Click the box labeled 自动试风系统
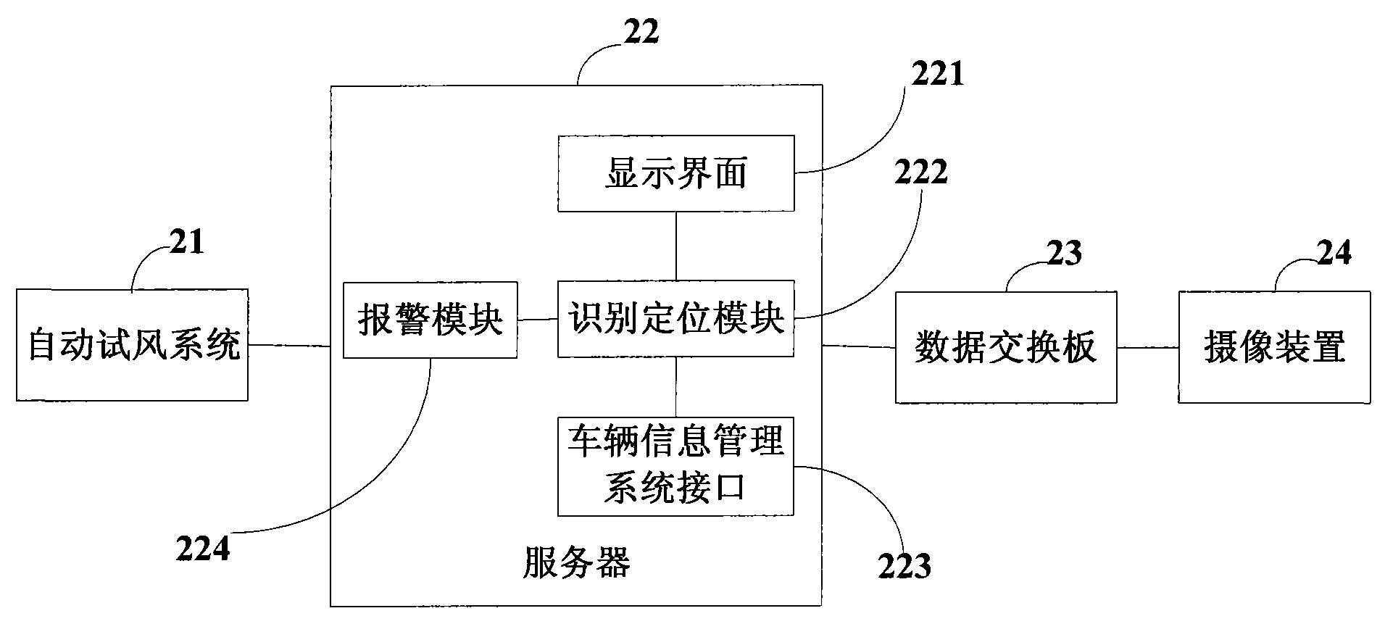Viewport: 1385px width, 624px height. pos(133,345)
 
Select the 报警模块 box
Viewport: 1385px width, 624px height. pos(430,320)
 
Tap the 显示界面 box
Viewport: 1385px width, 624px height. pos(675,174)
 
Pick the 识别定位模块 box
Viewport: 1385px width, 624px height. pos(675,320)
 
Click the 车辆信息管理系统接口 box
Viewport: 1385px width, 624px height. pos(675,466)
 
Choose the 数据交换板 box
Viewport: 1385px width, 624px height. pos(1005,347)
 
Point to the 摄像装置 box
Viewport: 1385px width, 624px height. pos(1274,347)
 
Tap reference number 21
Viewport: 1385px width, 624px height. pos(187,242)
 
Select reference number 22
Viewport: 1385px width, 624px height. pos(641,33)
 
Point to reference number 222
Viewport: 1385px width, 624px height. pos(920,172)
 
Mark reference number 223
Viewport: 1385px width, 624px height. pos(904,567)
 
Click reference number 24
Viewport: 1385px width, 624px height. pos(1334,253)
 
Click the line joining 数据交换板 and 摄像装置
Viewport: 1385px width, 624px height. pos(1147,347)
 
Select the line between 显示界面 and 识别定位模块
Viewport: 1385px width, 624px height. pos(676,246)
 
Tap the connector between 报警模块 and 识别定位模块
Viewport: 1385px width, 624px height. pos(537,320)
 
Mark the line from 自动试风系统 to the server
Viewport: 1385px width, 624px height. pos(289,345)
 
